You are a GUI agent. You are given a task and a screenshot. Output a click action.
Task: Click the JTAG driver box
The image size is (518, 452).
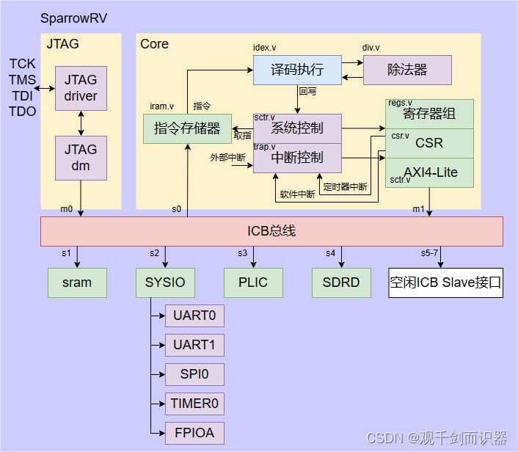(81, 88)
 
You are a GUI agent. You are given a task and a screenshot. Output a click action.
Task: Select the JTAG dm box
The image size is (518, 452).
(81, 158)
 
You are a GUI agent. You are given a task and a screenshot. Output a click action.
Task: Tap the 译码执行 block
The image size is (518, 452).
(297, 70)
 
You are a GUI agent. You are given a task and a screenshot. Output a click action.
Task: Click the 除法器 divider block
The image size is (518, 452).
(407, 70)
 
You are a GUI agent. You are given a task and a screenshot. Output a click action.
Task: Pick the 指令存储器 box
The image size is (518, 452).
(187, 128)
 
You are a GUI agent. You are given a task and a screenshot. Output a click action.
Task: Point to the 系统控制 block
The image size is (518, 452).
(297, 128)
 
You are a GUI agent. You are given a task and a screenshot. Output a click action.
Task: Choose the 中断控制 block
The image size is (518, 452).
(297, 158)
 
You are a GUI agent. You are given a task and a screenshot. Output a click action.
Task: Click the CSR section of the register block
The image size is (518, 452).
(429, 143)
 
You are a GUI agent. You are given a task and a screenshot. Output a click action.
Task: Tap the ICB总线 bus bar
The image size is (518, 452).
(271, 231)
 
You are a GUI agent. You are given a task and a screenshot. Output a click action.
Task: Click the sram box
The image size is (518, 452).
(77, 282)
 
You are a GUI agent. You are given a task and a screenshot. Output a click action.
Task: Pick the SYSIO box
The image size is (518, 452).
(165, 282)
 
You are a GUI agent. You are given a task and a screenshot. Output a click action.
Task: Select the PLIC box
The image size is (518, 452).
(253, 282)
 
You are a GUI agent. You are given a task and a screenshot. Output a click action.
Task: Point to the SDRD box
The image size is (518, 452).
(341, 282)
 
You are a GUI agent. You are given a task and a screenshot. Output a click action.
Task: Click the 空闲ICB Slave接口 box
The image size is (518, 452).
(445, 282)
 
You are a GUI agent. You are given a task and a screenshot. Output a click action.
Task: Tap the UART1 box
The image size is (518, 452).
(194, 345)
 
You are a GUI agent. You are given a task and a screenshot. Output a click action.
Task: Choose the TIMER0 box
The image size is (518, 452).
(194, 404)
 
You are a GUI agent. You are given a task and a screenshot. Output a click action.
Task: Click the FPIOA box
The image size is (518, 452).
(194, 433)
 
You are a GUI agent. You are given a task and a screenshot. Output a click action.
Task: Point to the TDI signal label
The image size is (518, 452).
(22, 95)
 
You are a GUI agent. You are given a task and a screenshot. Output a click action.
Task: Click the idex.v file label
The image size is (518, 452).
(265, 48)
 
